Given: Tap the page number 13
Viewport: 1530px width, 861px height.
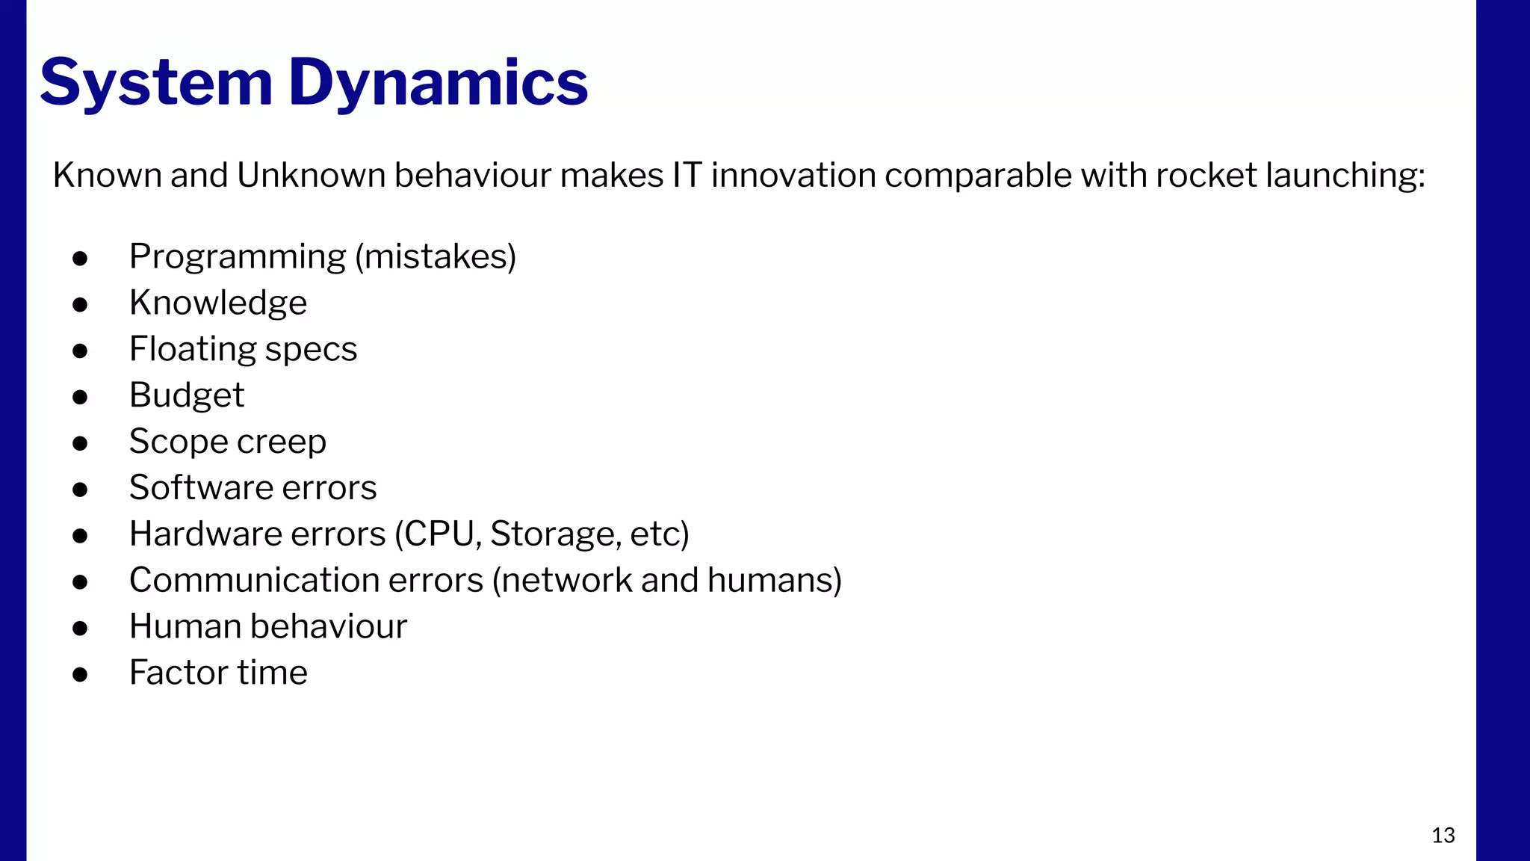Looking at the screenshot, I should tap(1443, 835).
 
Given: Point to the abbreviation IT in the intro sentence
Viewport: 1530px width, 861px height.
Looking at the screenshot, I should tap(687, 175).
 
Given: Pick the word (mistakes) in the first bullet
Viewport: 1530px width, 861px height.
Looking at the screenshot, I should tap(436, 256).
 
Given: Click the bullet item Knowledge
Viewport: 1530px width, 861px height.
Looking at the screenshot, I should tap(218, 303).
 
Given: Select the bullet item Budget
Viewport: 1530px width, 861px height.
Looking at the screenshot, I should tap(187, 395).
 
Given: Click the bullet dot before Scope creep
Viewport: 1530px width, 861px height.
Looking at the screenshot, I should tap(80, 443).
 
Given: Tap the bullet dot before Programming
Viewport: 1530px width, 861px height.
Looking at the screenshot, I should tap(80, 259).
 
